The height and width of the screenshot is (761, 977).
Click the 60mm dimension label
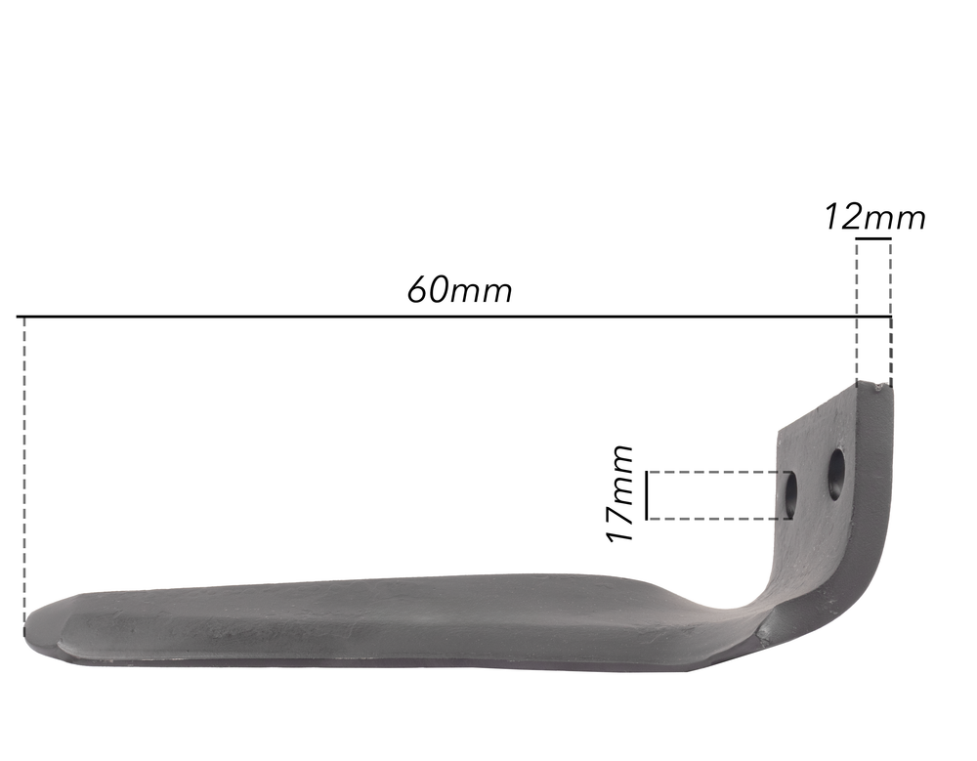(x=459, y=290)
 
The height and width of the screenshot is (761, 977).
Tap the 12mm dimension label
(x=873, y=217)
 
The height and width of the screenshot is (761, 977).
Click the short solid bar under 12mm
(x=873, y=237)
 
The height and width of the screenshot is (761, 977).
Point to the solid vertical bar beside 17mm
(x=647, y=494)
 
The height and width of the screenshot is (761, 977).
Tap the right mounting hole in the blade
(x=836, y=474)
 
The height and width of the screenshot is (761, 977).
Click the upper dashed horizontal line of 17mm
(x=718, y=472)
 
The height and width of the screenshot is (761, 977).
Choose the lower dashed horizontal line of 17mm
(x=718, y=518)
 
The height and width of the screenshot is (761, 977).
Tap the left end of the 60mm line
(x=20, y=317)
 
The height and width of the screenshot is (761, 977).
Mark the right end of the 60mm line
(x=890, y=317)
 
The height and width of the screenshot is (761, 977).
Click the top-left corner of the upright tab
(x=779, y=430)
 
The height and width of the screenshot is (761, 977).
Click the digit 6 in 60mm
(x=417, y=291)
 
